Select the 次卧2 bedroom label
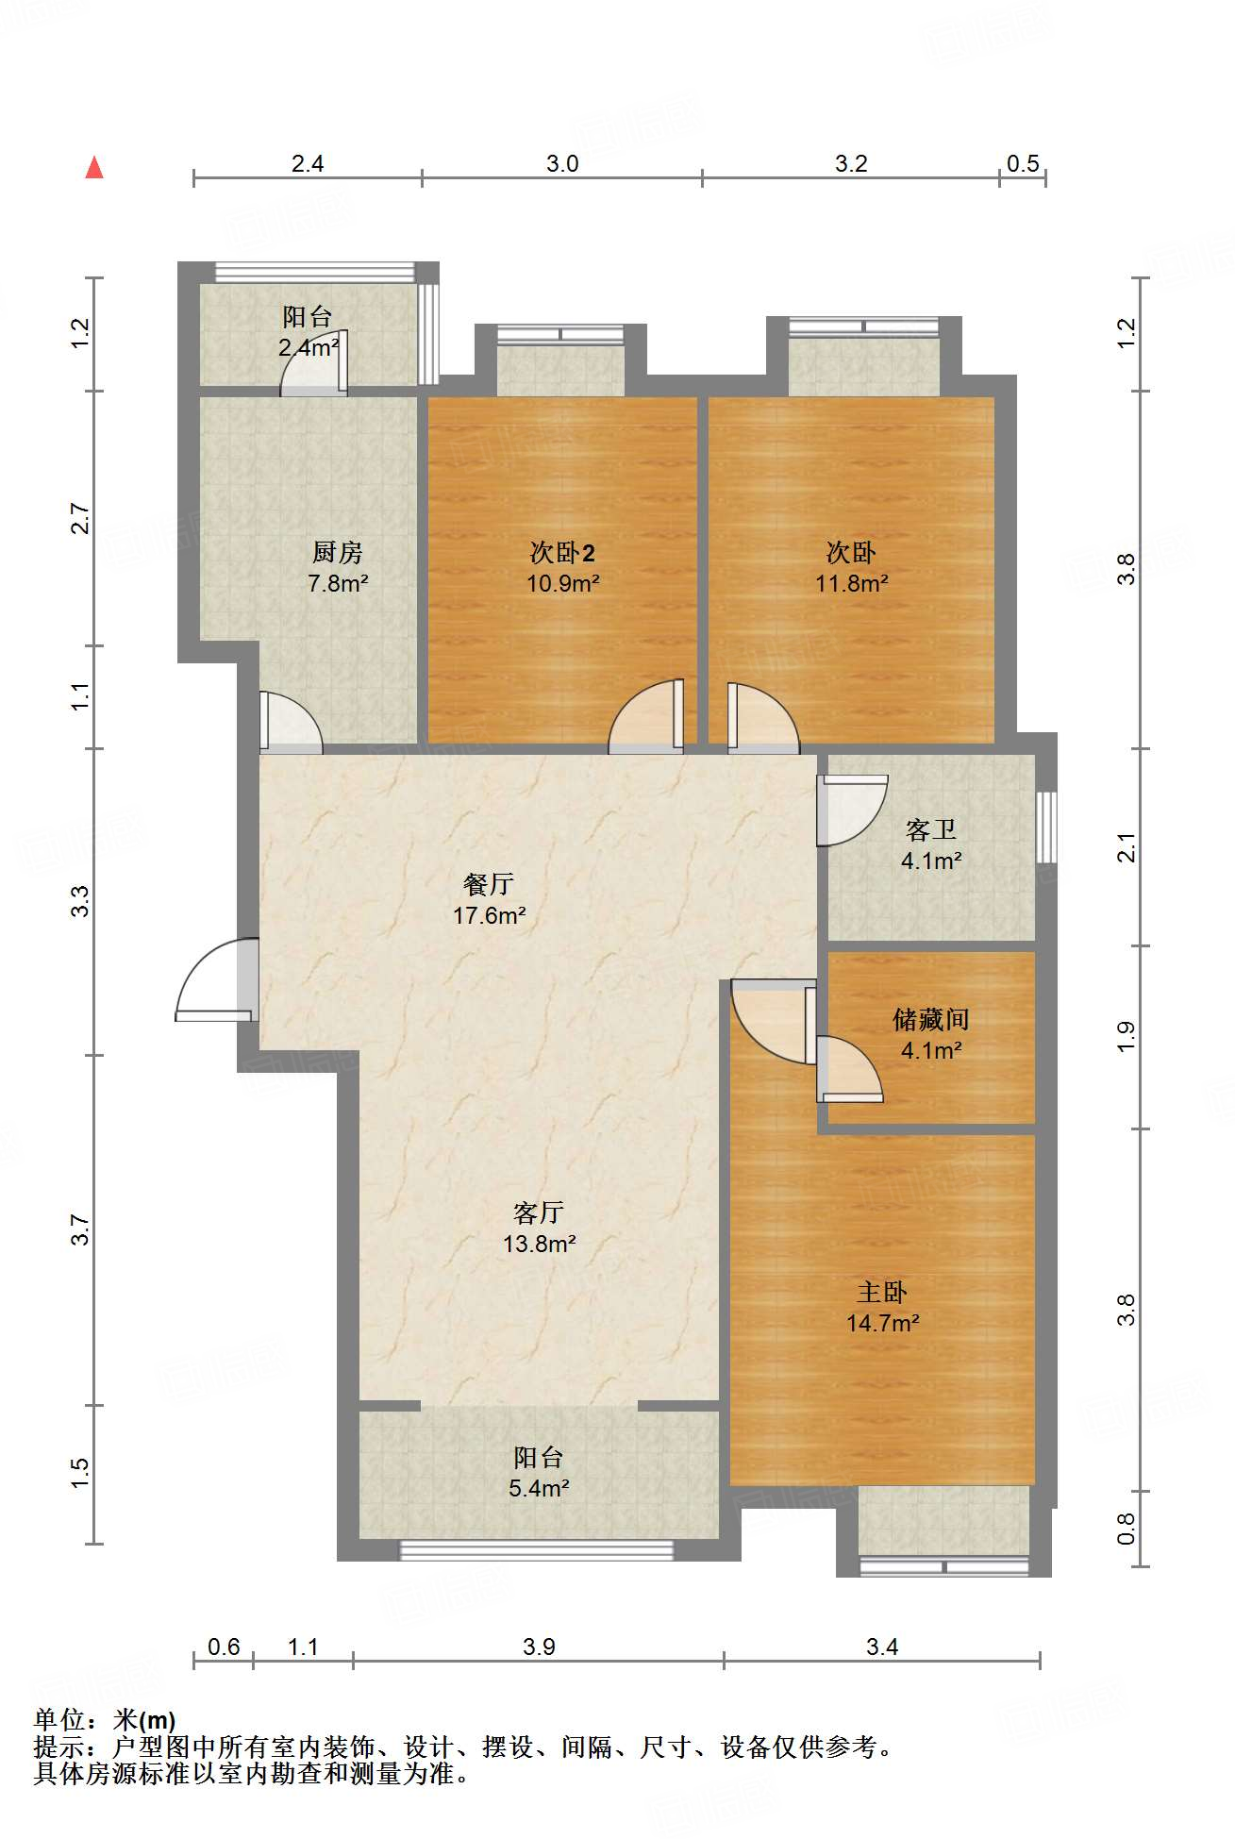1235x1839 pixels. click(x=562, y=552)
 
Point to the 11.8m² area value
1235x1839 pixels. click(x=852, y=583)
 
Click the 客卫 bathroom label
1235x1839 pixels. click(x=931, y=829)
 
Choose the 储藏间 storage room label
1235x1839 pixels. click(x=931, y=1019)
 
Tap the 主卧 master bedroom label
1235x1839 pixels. click(x=882, y=1292)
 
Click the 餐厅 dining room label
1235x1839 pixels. click(x=489, y=884)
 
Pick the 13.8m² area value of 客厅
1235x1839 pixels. click(x=540, y=1244)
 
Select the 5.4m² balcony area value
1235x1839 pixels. click(x=539, y=1488)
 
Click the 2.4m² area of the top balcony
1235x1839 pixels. click(x=309, y=347)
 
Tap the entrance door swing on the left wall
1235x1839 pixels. click(x=216, y=979)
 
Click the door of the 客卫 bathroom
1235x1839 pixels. click(x=852, y=811)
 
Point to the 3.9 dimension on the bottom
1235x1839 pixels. click(x=539, y=1647)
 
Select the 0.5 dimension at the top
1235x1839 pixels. click(x=1023, y=163)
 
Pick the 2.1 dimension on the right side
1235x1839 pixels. click(x=1127, y=847)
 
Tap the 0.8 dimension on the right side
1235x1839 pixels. click(x=1127, y=1529)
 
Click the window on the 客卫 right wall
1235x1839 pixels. click(x=1046, y=828)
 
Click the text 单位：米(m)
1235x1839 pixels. click(x=105, y=1720)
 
